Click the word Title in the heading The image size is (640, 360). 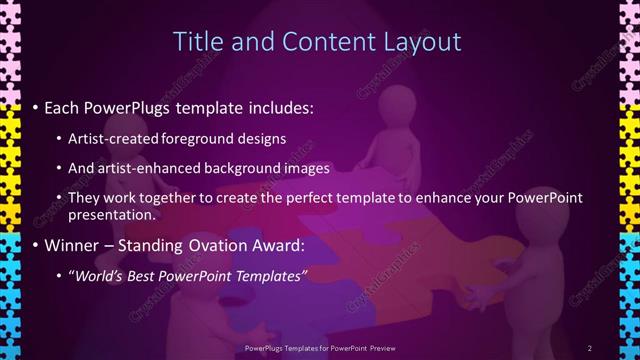[196, 42]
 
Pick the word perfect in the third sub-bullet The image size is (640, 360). [334, 198]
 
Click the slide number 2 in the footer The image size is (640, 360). [589, 347]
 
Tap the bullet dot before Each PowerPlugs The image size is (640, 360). [36, 107]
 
